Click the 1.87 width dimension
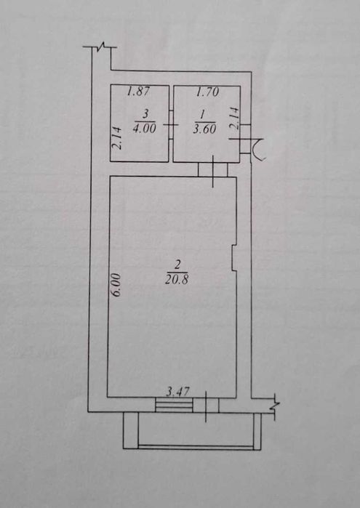click(138, 92)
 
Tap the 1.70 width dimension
click(207, 92)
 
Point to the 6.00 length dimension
click(116, 285)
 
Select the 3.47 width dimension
click(177, 392)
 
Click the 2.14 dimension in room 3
click(118, 137)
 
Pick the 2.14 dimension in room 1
click(234, 118)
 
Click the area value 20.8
click(177, 279)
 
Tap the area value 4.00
click(145, 129)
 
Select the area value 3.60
click(204, 129)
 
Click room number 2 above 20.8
click(177, 266)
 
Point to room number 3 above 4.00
click(145, 114)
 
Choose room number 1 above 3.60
click(203, 114)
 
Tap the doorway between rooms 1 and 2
click(213, 169)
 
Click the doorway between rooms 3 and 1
click(171, 125)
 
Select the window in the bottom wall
click(174, 406)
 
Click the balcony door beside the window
click(206, 406)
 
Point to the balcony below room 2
click(192, 430)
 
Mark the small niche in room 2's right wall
click(234, 257)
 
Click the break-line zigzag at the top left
click(100, 47)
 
